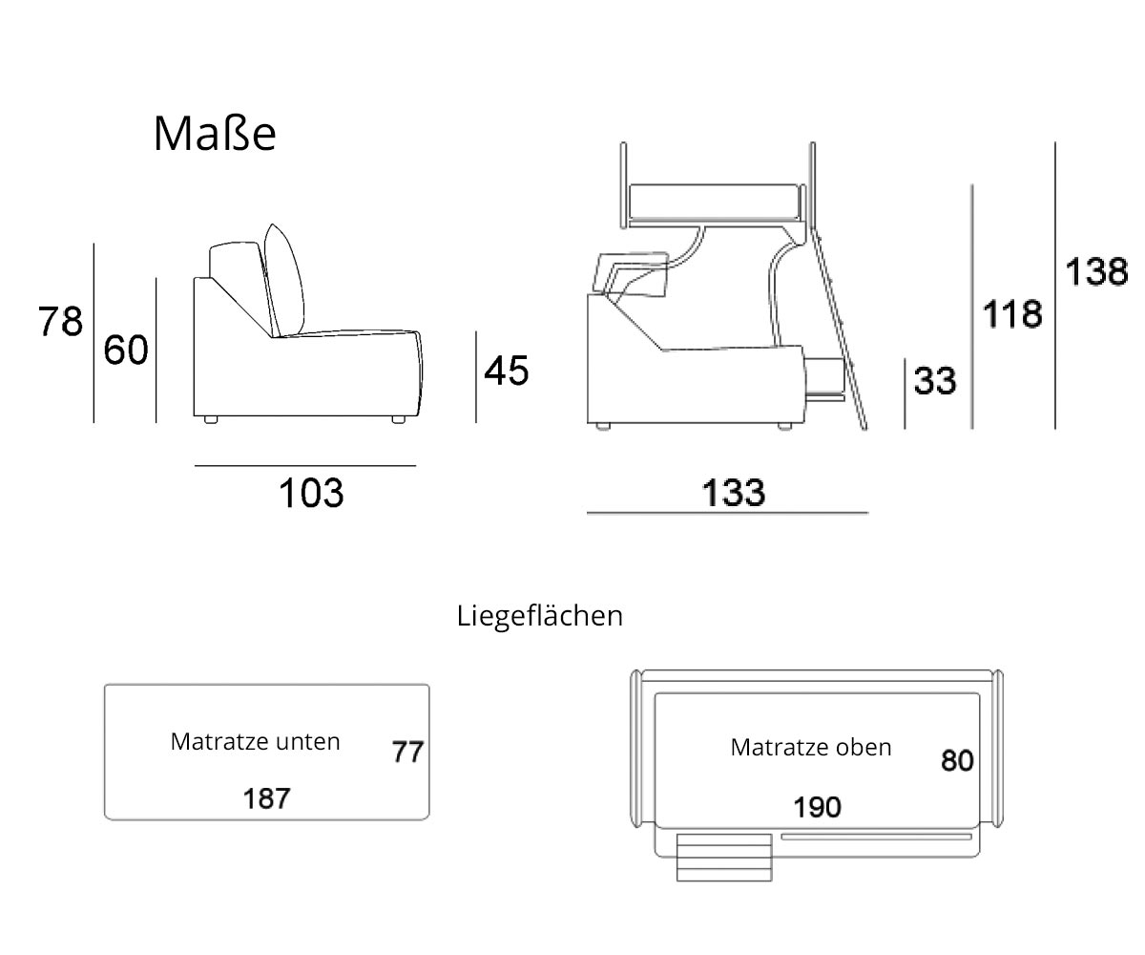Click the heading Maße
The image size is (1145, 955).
215,135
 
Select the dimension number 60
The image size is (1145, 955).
126,351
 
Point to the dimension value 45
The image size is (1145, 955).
506,371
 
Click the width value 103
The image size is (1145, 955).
310,493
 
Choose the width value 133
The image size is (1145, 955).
734,493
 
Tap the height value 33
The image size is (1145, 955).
935,381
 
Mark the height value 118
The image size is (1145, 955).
1012,313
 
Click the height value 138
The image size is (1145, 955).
1096,272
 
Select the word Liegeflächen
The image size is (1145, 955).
540,616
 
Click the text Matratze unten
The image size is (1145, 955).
255,741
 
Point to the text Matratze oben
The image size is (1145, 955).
811,747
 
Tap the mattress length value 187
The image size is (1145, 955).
266,798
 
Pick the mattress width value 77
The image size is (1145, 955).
407,753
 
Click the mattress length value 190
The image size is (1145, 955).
818,807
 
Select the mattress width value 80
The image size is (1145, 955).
957,760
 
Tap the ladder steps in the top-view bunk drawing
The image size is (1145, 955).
724,857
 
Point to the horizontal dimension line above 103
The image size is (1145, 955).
305,466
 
